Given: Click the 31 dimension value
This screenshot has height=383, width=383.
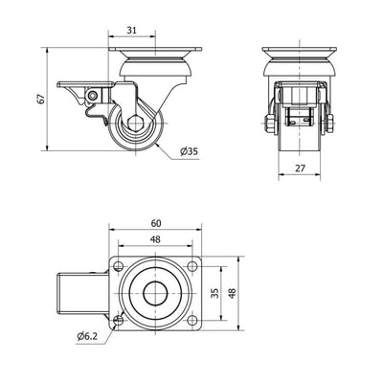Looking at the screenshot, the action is click(x=132, y=31).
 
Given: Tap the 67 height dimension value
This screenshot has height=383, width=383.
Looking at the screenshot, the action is click(x=40, y=99).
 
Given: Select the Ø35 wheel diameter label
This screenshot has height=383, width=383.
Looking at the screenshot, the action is click(x=189, y=151).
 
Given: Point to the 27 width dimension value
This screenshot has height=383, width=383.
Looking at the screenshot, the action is click(x=300, y=169).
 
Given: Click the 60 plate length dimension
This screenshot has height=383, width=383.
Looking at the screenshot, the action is click(x=156, y=223).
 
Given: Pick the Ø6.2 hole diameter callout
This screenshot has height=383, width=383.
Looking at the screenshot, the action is click(x=87, y=336).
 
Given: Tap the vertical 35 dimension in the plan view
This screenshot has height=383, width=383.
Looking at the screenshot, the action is click(x=216, y=293).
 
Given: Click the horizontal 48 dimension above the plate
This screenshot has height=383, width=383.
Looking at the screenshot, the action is click(x=155, y=239).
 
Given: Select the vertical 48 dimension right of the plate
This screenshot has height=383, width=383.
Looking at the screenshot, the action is click(x=232, y=293).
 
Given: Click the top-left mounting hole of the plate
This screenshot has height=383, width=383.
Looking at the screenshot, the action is click(x=119, y=266).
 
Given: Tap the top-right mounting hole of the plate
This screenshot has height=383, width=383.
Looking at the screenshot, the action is click(x=192, y=266).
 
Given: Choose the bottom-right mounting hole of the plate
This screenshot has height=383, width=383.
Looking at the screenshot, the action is click(x=192, y=321).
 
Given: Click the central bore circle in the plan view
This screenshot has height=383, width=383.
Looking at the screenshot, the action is click(x=155, y=293).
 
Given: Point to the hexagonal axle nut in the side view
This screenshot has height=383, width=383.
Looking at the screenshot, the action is click(x=136, y=123).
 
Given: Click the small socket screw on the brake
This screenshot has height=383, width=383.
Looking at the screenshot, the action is click(x=93, y=96).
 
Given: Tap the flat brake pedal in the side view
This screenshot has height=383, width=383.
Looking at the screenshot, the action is click(x=85, y=84).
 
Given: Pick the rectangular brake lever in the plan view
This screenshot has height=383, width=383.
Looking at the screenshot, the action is click(x=83, y=293).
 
